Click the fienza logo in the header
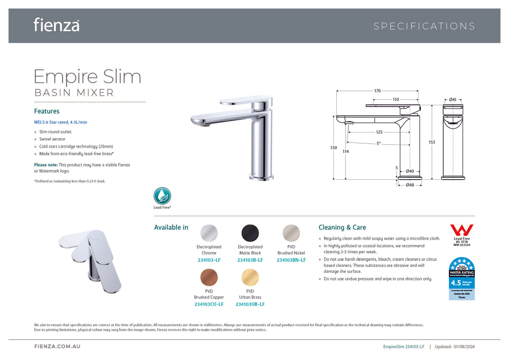tap(57, 25)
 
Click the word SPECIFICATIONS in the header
tap(424, 26)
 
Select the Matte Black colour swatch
tap(250, 233)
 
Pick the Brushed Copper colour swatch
tap(209, 277)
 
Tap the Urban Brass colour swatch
tap(250, 277)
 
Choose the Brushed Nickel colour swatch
tap(291, 233)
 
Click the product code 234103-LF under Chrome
tap(209, 260)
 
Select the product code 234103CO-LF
tap(209, 304)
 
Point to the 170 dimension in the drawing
tap(377, 91)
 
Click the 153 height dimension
tap(431, 142)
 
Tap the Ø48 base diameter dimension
tap(410, 185)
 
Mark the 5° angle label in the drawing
tap(378, 143)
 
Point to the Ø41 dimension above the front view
tap(453, 99)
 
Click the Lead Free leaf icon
tap(162, 196)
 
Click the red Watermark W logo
tap(461, 230)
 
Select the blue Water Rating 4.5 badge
tap(461, 278)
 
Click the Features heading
tap(47, 111)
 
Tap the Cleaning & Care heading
tap(342, 227)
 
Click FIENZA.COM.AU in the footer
tap(57, 347)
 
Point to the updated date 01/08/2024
tap(464, 347)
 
